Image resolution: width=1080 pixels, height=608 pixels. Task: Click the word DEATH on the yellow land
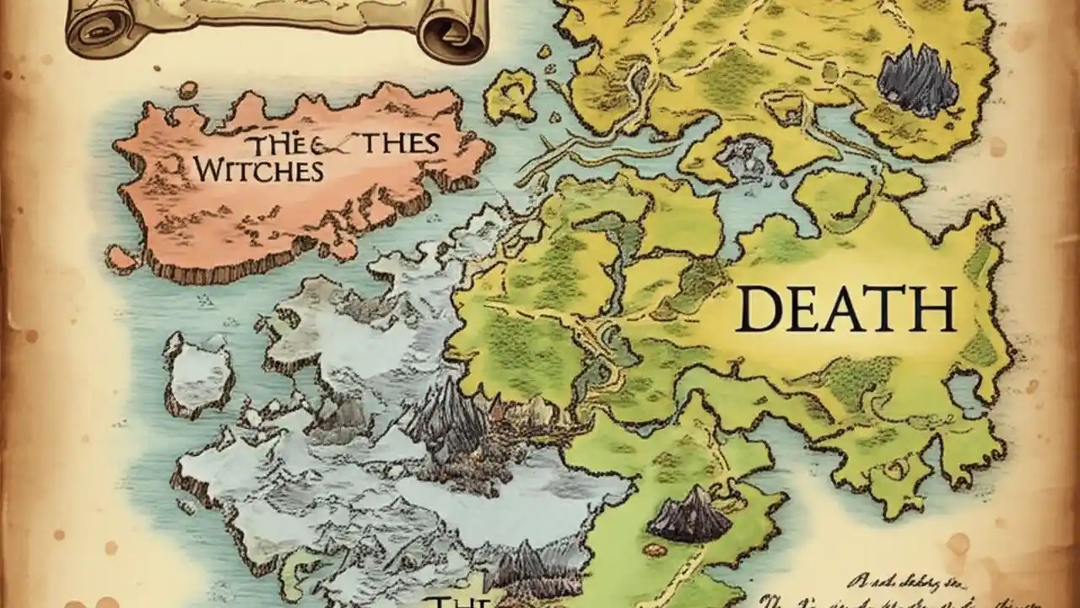[846, 309]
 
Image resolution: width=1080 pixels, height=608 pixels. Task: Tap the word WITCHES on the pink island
[257, 170]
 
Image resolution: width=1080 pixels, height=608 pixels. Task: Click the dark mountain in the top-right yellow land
[917, 82]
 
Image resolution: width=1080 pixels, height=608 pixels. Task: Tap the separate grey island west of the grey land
[198, 372]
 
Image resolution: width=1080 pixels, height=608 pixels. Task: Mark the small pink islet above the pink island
[187, 90]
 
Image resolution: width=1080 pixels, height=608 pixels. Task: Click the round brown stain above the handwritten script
[958, 541]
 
